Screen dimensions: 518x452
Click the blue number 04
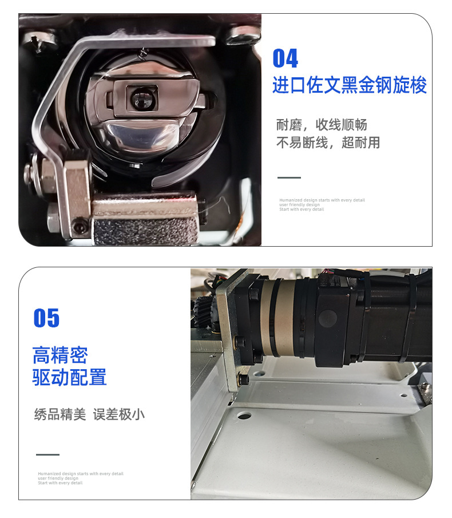tap(285, 58)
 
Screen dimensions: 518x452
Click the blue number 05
tap(46, 318)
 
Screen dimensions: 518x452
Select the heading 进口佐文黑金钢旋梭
tap(349, 86)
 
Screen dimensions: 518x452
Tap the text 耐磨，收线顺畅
tap(322, 125)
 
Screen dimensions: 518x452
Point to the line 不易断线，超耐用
tap(328, 143)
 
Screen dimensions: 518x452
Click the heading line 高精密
tap(60, 355)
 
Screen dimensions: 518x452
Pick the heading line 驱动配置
tap(70, 378)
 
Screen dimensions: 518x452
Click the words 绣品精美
tap(60, 414)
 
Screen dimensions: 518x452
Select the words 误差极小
tap(119, 414)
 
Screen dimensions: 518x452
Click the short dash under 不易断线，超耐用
tap(289, 177)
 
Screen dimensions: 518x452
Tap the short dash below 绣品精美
tap(47, 454)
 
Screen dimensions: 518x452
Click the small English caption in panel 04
tap(322, 205)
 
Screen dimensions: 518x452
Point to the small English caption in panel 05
tap(80, 479)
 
